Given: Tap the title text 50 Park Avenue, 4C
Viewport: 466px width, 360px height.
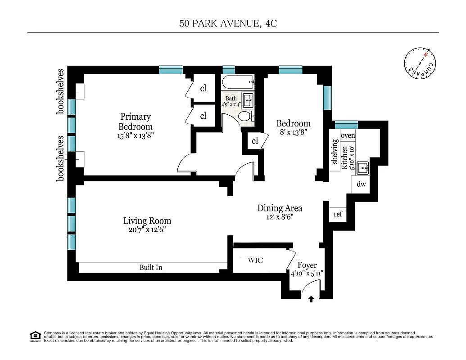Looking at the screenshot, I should [x=228, y=24].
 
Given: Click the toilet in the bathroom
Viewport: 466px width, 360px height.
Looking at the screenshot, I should [x=245, y=117].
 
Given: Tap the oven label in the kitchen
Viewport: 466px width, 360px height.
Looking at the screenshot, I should [x=348, y=135].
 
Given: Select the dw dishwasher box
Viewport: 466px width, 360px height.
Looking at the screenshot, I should [x=361, y=184].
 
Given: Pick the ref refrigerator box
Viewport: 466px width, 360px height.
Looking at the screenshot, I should [x=338, y=214].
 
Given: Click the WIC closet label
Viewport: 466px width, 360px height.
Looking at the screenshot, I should [x=255, y=261].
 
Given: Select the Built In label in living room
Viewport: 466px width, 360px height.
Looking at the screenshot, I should [x=150, y=268].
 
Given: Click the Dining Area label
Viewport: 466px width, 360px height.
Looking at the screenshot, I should [x=280, y=208].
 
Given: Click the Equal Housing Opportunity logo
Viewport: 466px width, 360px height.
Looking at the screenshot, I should [x=35, y=336].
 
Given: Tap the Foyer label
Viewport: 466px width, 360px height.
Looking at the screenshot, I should [x=307, y=265].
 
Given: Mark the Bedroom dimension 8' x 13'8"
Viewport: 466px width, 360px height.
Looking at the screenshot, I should [x=293, y=132].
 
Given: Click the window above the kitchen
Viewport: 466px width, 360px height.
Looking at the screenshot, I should [x=346, y=125].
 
